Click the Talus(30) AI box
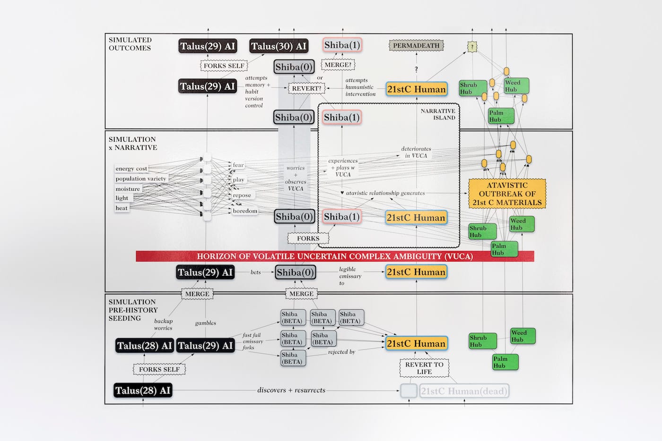(279, 46)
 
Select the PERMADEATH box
(416, 46)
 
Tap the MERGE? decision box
(338, 65)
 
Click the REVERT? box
(306, 88)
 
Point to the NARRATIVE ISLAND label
(438, 114)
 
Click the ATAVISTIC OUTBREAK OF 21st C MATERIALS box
(507, 194)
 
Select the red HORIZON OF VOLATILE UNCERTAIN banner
(335, 256)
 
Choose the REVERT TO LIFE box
(424, 368)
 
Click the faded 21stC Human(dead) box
(464, 391)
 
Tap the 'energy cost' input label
(131, 169)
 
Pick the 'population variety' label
(140, 179)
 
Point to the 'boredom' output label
(245, 211)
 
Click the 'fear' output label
(238, 165)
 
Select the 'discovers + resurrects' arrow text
(291, 390)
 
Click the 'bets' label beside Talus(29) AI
(255, 272)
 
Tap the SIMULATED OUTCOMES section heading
(130, 44)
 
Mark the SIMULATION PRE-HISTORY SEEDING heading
(133, 310)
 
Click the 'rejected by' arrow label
(341, 352)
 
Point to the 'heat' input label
(122, 208)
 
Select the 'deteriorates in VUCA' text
(416, 152)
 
